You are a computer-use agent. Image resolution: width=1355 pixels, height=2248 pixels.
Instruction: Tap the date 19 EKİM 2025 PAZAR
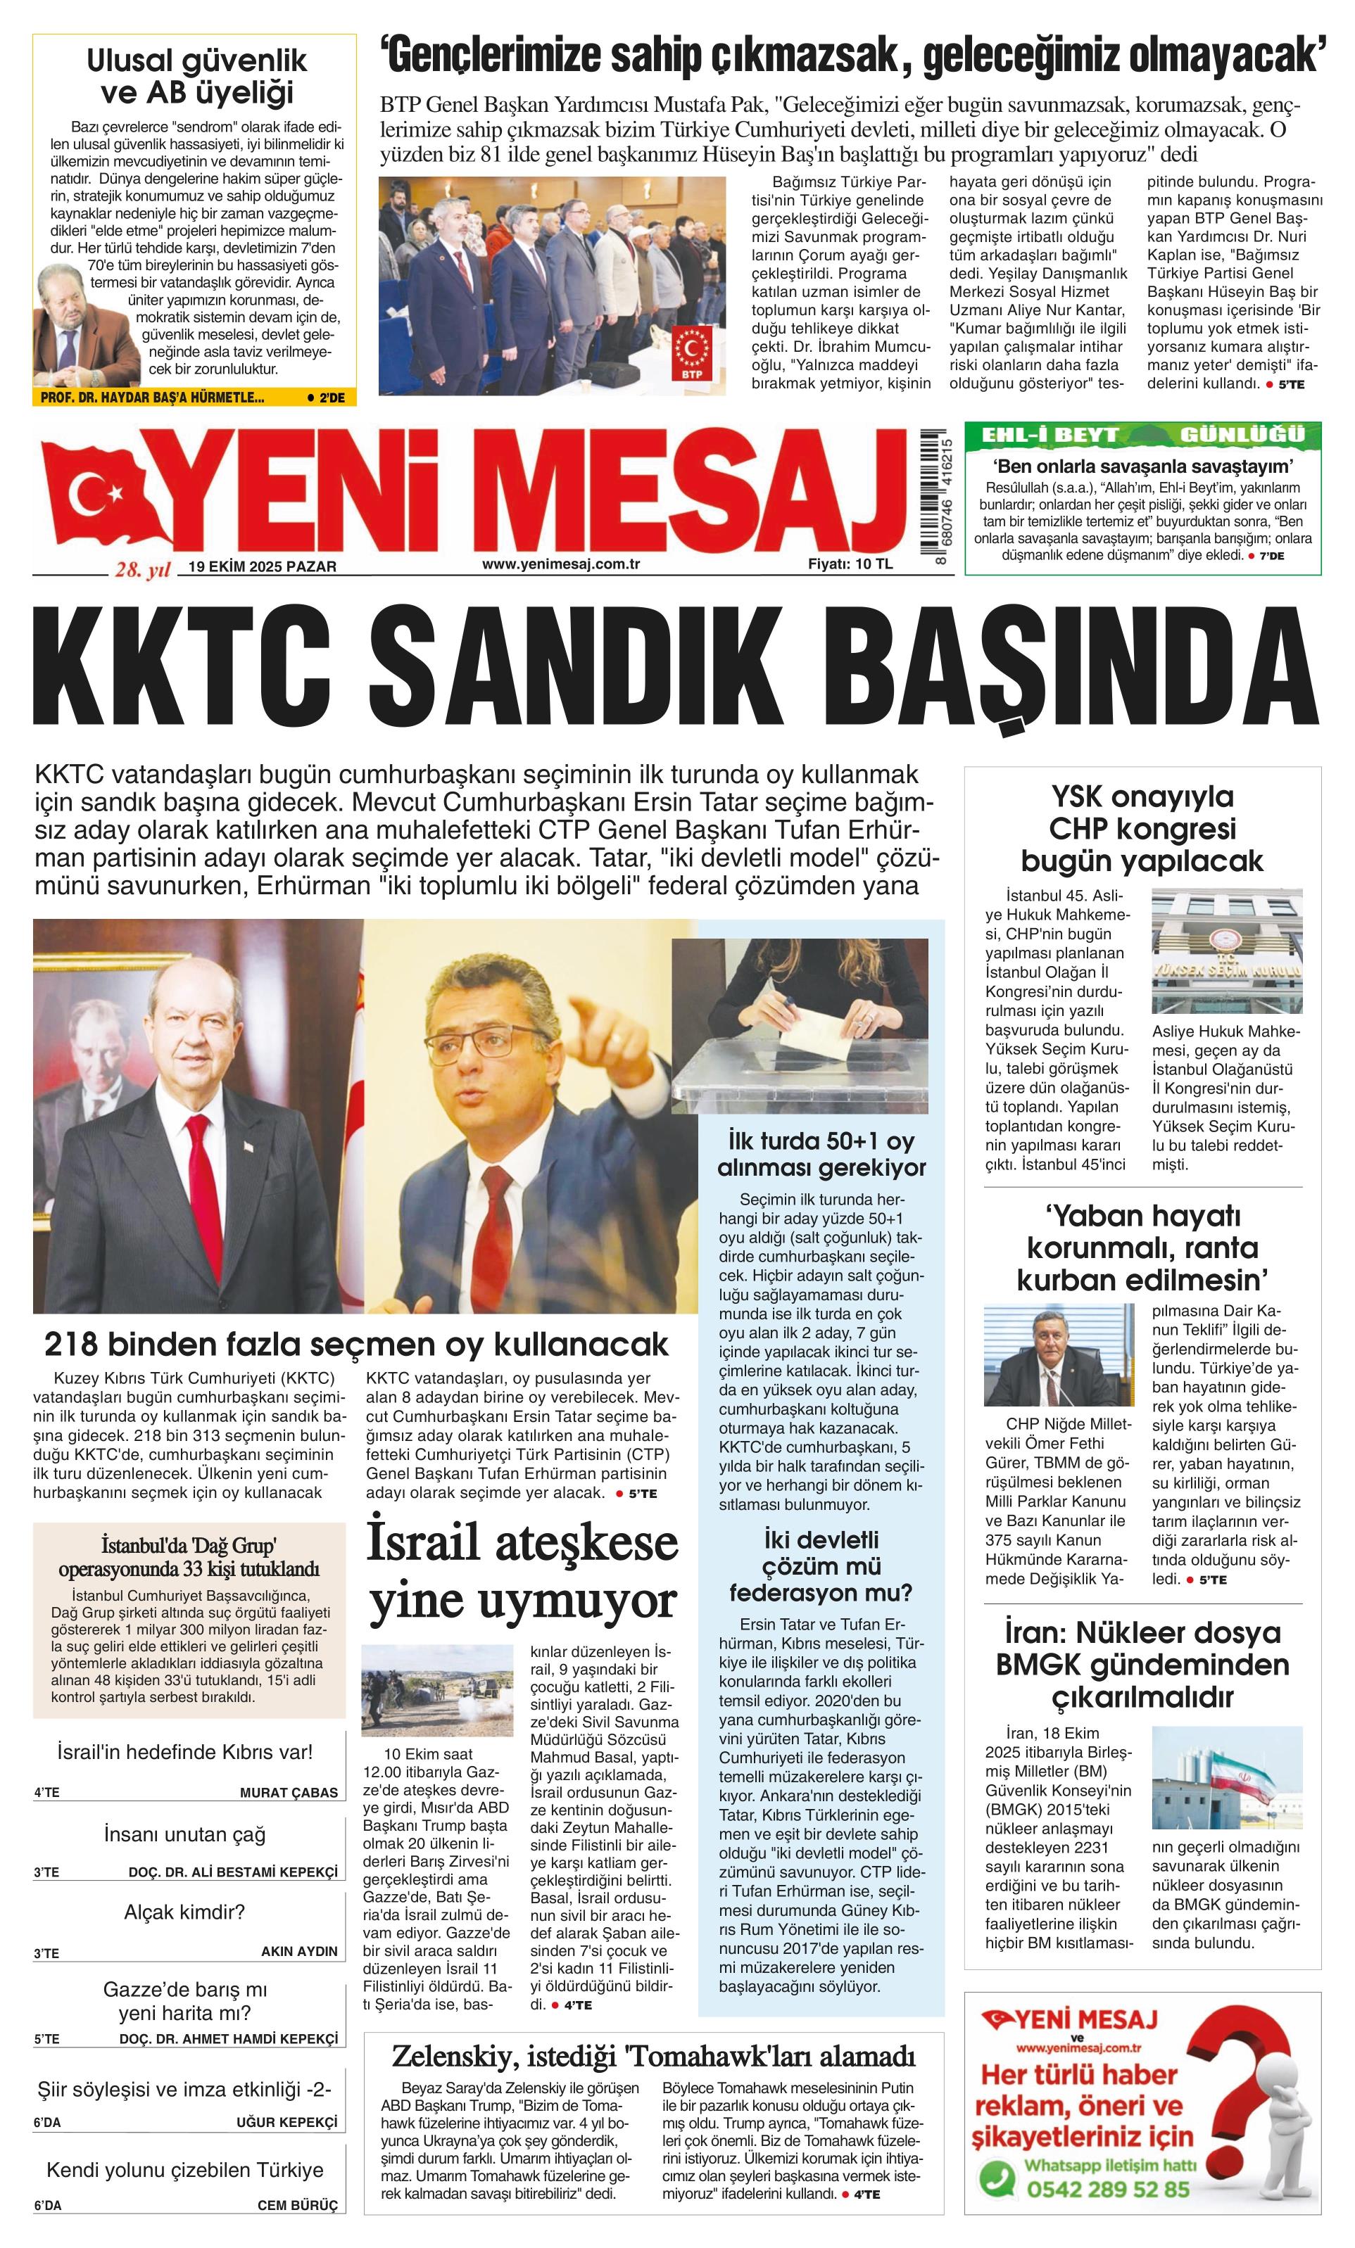[262, 566]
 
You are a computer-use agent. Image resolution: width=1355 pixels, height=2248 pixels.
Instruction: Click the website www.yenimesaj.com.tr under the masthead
[560, 564]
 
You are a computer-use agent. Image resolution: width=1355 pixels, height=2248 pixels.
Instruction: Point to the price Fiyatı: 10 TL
[850, 564]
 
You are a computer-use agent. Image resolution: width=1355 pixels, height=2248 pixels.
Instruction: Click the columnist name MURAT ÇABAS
[289, 1792]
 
